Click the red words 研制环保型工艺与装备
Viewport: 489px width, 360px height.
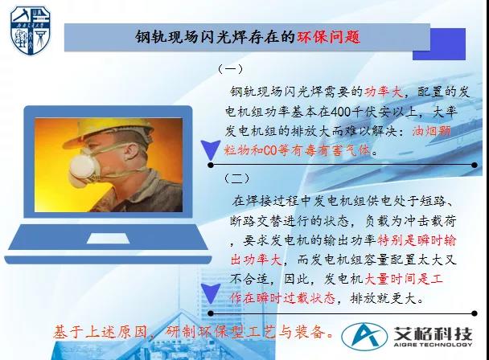tap(244, 330)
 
